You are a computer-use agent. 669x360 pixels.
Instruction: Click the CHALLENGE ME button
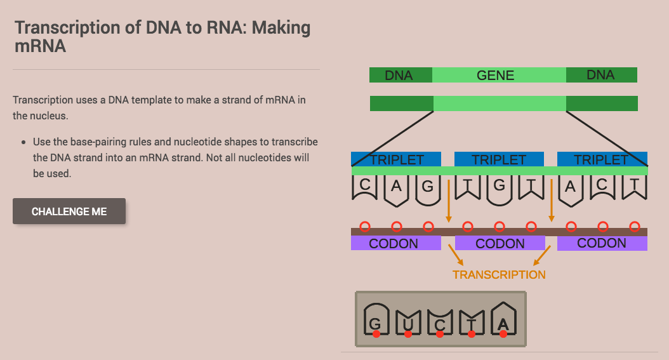(69, 211)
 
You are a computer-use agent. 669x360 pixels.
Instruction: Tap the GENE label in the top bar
(496, 76)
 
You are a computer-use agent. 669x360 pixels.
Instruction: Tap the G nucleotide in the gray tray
(376, 321)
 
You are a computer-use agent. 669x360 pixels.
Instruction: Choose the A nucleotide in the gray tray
(503, 320)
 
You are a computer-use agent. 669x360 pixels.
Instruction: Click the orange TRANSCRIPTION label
(499, 275)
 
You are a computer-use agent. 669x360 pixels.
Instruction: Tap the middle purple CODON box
(500, 243)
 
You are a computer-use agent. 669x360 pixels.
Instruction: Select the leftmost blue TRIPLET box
(396, 159)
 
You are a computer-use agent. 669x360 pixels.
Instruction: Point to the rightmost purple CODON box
(602, 243)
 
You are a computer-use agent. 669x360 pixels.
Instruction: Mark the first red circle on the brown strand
(364, 226)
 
